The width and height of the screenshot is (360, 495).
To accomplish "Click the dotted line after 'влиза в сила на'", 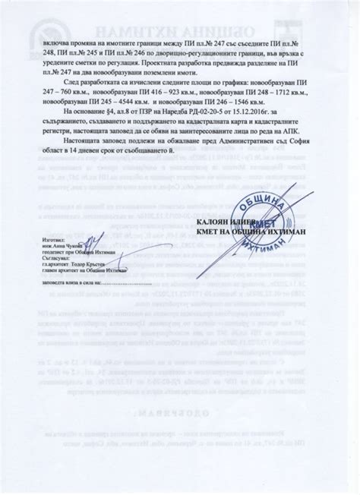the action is click(118, 281).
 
